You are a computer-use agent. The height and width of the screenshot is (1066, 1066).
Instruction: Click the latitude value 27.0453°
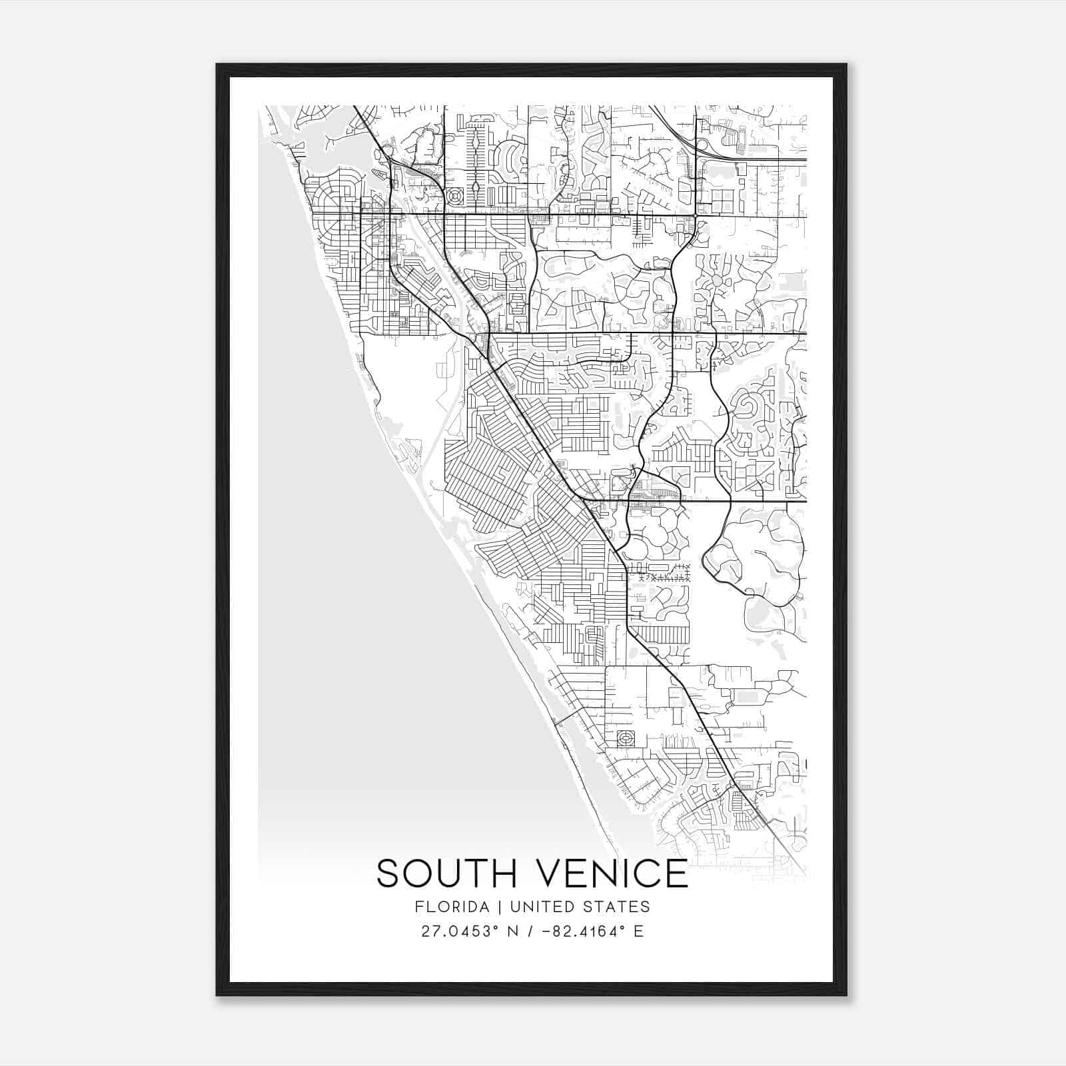pos(459,931)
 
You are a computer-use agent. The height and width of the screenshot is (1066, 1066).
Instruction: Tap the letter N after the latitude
pos(513,931)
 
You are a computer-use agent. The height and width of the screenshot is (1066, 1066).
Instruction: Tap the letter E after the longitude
pos(638,931)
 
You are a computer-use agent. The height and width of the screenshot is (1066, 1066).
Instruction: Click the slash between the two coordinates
pos(531,931)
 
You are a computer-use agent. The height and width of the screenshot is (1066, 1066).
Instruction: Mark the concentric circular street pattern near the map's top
pos(456,197)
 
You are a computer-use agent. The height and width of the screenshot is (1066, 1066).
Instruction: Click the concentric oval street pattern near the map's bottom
pos(626,738)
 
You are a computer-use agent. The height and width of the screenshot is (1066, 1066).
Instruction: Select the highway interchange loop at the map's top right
pos(701,144)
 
